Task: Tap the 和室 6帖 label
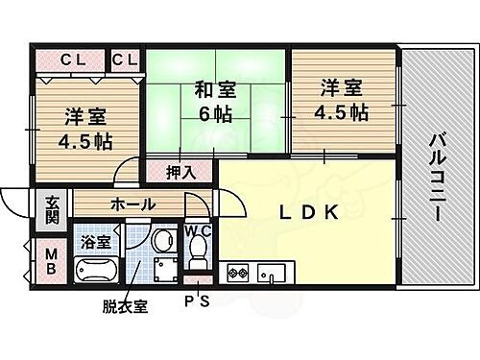coord(215,100)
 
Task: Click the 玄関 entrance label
coord(52,209)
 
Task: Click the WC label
coord(199,230)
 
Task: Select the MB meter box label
coord(51,260)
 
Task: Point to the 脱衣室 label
coord(124,307)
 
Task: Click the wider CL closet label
coord(74,60)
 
